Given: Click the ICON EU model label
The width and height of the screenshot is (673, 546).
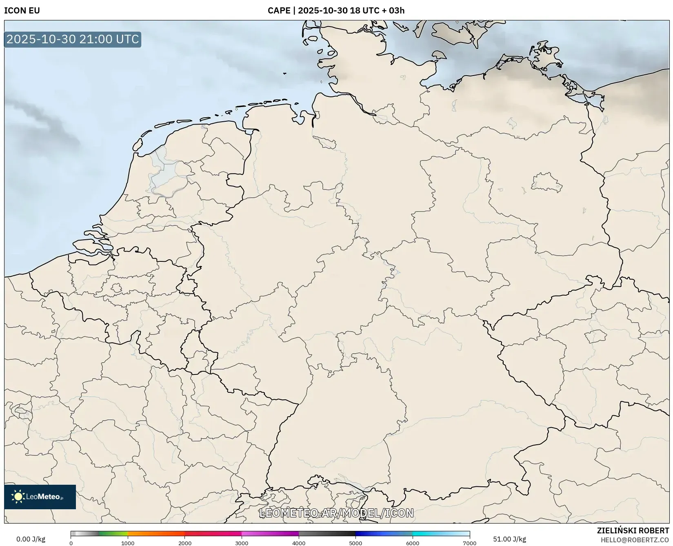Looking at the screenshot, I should [x=22, y=11].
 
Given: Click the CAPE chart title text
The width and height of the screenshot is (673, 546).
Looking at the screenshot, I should [x=336, y=11].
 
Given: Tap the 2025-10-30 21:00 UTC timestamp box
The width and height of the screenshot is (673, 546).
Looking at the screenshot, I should [x=73, y=39].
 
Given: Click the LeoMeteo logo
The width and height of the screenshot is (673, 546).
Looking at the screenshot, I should [x=40, y=497].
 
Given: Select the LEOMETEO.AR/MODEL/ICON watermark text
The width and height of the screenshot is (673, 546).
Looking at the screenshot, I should [x=336, y=513].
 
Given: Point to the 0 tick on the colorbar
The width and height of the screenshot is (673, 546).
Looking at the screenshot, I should [x=71, y=543].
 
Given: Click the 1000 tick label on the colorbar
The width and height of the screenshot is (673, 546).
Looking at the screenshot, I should [x=128, y=543].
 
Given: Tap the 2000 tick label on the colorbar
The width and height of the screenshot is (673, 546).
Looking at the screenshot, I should [x=185, y=543].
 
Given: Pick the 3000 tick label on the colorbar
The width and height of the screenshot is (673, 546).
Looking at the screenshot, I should [x=242, y=543].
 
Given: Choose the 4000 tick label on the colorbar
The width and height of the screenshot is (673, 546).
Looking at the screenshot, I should [x=299, y=543].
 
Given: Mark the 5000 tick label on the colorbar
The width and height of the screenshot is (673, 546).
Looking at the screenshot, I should [x=355, y=543].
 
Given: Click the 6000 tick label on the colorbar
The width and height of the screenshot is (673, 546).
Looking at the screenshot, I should [x=413, y=543].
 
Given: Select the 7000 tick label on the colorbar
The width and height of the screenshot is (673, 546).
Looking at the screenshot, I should [x=469, y=543].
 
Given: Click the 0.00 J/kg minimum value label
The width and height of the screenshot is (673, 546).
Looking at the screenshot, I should [x=31, y=539].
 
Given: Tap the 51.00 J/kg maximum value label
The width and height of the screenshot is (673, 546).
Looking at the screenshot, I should [x=509, y=539].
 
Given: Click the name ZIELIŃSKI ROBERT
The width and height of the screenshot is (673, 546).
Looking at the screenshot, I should [x=633, y=530].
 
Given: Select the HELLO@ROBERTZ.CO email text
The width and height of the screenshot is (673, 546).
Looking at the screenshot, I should [x=635, y=540].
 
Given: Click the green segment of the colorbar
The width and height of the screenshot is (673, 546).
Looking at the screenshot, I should [x=113, y=533].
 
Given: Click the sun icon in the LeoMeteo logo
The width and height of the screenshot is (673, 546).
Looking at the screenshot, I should [x=18, y=497].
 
